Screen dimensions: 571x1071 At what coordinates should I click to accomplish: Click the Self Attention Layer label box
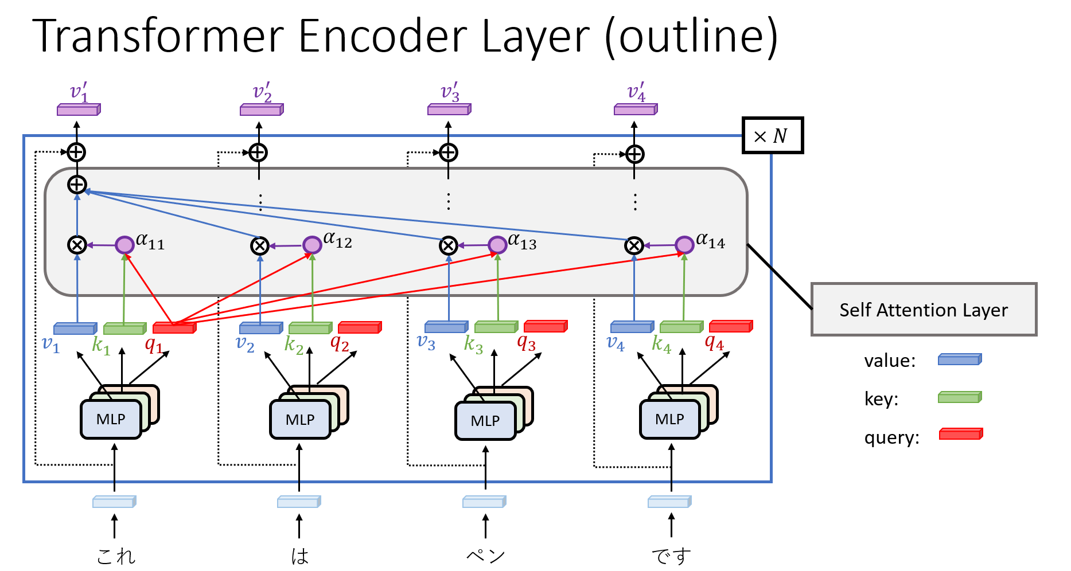point(923,310)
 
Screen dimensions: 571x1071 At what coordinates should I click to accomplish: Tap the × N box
point(772,136)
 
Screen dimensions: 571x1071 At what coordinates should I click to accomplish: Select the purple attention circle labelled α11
point(124,245)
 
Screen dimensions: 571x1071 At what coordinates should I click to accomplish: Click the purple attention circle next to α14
point(684,245)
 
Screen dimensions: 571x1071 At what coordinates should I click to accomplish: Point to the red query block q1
point(174,328)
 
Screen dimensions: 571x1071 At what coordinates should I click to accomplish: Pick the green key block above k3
point(496,327)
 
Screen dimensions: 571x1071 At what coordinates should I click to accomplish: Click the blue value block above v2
point(260,328)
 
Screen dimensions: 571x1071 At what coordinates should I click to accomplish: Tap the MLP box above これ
point(111,419)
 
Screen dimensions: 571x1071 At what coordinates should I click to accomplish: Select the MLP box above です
point(669,419)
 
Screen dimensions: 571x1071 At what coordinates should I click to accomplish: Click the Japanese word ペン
point(485,555)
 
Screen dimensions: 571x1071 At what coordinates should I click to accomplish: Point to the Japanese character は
point(299,556)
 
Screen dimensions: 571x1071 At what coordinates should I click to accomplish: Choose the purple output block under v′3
point(449,109)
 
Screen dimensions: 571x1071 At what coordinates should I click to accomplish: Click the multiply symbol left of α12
point(260,246)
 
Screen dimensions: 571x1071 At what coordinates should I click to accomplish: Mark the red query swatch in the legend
point(961,434)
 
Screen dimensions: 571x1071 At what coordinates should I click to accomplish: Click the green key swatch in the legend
point(960,397)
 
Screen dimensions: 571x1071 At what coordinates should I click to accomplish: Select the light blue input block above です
point(669,502)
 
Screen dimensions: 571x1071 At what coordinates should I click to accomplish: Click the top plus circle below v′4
point(634,154)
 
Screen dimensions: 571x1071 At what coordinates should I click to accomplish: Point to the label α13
point(522,242)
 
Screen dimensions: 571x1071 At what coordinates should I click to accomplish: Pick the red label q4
point(714,343)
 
